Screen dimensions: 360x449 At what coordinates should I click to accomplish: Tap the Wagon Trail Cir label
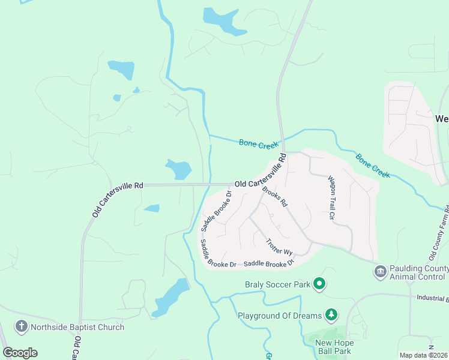click(x=331, y=197)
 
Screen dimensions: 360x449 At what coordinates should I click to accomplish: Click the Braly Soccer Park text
click(x=277, y=284)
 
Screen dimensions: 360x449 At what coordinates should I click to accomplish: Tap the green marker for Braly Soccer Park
click(x=320, y=283)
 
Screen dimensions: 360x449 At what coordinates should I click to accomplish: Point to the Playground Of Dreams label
click(x=280, y=315)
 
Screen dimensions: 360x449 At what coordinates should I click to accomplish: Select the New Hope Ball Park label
click(x=335, y=347)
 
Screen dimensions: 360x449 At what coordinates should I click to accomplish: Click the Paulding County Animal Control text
click(x=418, y=272)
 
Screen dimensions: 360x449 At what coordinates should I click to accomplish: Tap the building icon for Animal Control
click(x=380, y=272)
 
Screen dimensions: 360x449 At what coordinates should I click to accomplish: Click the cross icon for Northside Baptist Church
click(x=22, y=327)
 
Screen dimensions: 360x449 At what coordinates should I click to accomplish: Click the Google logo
click(x=20, y=353)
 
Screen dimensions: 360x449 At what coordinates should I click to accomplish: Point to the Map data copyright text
click(x=423, y=355)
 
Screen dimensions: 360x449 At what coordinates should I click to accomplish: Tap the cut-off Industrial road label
click(x=432, y=297)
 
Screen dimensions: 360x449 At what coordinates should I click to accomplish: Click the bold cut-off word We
click(x=442, y=118)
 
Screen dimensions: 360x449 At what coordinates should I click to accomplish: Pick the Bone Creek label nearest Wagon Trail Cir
click(x=373, y=166)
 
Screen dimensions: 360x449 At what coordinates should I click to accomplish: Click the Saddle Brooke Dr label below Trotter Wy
click(x=269, y=263)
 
